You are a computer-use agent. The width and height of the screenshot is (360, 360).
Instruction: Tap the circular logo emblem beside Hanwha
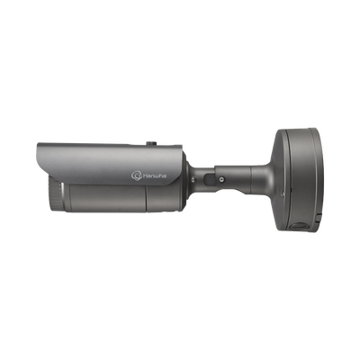pos(136,175)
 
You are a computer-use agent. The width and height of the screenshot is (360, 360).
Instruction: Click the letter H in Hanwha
pos(144,175)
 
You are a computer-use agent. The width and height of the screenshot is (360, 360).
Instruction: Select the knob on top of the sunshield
pos(150,144)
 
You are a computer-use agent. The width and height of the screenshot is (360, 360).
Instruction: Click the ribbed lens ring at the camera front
pos(57,193)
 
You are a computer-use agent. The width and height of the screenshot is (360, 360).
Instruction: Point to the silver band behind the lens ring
pos(62,196)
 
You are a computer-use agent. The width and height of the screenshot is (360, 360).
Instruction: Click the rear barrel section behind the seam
pos(165,198)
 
